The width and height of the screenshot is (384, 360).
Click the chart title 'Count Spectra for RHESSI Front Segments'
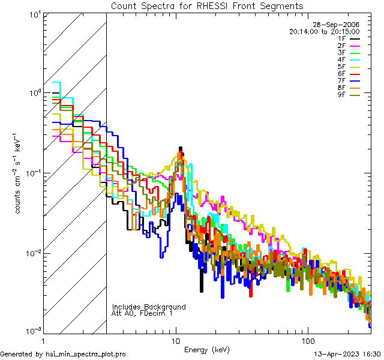(207, 5)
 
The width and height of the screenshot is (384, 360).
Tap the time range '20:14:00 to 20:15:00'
(324, 31)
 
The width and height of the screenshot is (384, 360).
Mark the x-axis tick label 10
(176, 340)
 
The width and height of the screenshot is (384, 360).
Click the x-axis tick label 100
(307, 340)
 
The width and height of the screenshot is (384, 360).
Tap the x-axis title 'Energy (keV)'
(206, 349)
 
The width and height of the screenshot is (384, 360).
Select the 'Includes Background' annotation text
(149, 307)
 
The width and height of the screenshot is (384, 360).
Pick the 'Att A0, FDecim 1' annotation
(142, 313)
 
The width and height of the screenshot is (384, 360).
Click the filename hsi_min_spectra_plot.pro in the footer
(86, 354)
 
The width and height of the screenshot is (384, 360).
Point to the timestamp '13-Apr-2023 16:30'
(347, 354)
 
